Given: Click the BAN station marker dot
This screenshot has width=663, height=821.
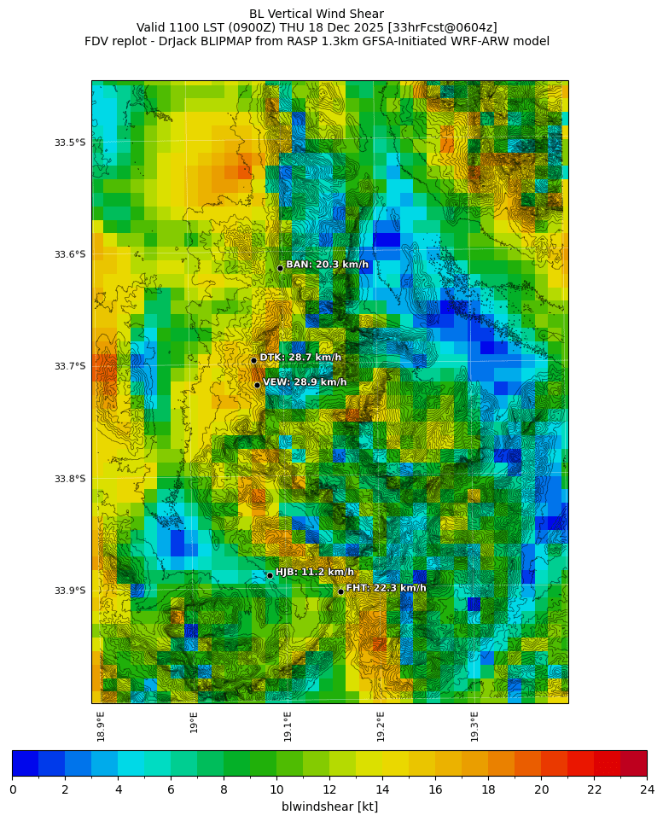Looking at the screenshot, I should [280, 268].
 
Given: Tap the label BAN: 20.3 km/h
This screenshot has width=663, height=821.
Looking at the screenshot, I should [328, 265].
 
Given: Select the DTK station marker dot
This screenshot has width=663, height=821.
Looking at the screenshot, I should [253, 360].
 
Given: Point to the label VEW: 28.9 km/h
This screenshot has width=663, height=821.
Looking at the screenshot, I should [305, 382].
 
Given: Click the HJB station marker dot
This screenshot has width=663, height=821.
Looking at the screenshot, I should [270, 575].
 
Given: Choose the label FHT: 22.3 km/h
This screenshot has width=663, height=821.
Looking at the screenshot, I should [386, 588].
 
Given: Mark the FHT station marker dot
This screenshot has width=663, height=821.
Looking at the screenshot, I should [340, 591].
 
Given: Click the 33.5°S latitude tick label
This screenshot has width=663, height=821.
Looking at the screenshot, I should [70, 143].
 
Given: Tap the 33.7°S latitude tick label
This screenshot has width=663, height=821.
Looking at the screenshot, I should [70, 366].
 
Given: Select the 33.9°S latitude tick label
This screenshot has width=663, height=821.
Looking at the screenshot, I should [70, 591].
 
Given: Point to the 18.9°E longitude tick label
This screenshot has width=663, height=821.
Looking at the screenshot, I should [101, 726].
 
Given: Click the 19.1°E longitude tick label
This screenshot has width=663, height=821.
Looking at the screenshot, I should [288, 726].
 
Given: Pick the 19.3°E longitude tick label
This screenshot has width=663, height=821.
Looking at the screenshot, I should [474, 726].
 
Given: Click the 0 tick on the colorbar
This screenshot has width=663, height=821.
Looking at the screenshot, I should [13, 789].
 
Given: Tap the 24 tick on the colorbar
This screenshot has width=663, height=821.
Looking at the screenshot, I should [647, 789].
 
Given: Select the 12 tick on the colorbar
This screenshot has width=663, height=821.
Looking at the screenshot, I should [329, 789].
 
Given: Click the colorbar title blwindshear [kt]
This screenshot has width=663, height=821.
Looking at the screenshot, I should [329, 806].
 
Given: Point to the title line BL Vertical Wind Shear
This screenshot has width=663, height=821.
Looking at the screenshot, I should [317, 14].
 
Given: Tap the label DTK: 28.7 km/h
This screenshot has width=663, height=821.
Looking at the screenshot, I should [300, 358].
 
